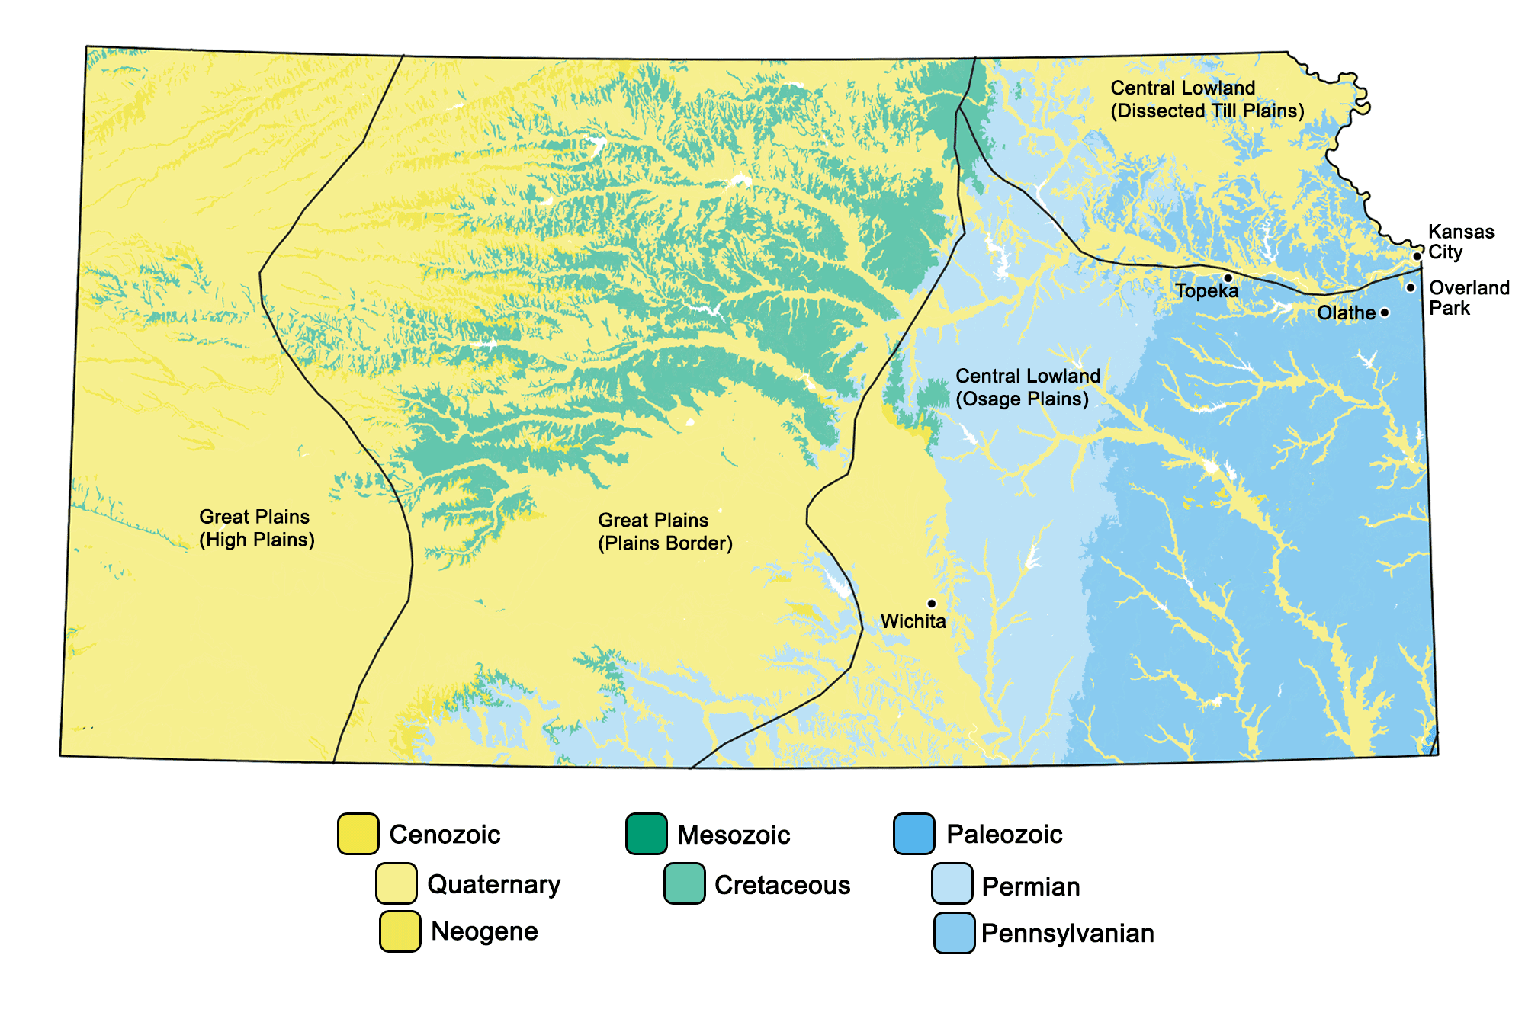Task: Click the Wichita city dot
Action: point(931,604)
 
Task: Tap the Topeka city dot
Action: point(1228,278)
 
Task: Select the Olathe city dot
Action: point(1385,312)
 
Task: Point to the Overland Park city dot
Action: point(1411,287)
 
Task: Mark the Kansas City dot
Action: point(1417,256)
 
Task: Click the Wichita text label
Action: point(913,621)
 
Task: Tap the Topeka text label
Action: point(1206,291)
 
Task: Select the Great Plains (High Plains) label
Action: point(256,528)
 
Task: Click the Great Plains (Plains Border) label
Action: point(664,532)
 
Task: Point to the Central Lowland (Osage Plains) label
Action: point(1027,387)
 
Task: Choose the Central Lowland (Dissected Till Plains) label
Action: point(1206,100)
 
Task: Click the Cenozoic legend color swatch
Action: point(358,834)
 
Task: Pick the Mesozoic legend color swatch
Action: point(647,834)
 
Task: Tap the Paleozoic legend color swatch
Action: point(914,834)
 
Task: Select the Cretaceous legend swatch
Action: point(684,883)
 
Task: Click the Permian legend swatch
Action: point(952,883)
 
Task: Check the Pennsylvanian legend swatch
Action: point(954,933)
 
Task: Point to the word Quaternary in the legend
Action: point(493,884)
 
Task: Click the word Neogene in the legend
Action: point(484,931)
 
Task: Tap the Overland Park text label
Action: point(1468,298)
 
